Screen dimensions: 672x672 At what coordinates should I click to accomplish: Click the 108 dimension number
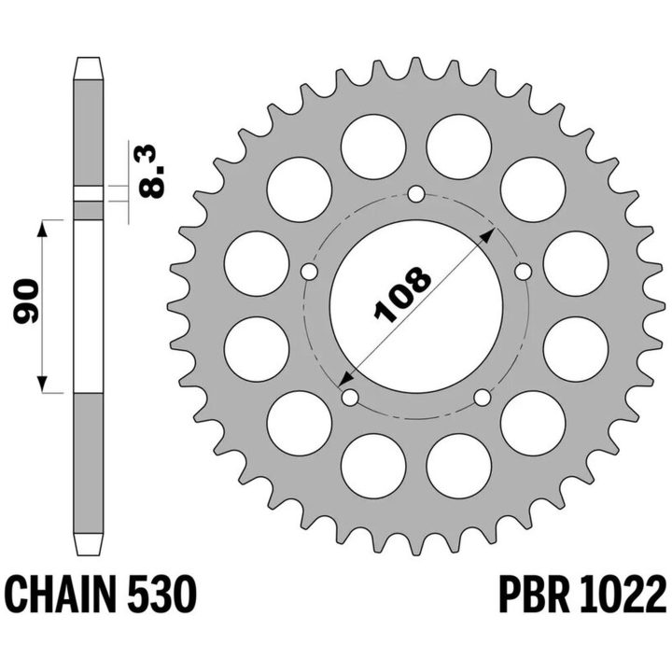(402, 294)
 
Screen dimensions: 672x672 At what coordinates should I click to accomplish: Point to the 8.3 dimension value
(152, 172)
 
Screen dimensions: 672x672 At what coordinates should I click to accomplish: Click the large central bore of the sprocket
(415, 306)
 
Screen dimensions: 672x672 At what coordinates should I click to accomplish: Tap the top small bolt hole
(415, 194)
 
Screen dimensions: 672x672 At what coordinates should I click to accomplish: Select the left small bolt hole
(309, 272)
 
